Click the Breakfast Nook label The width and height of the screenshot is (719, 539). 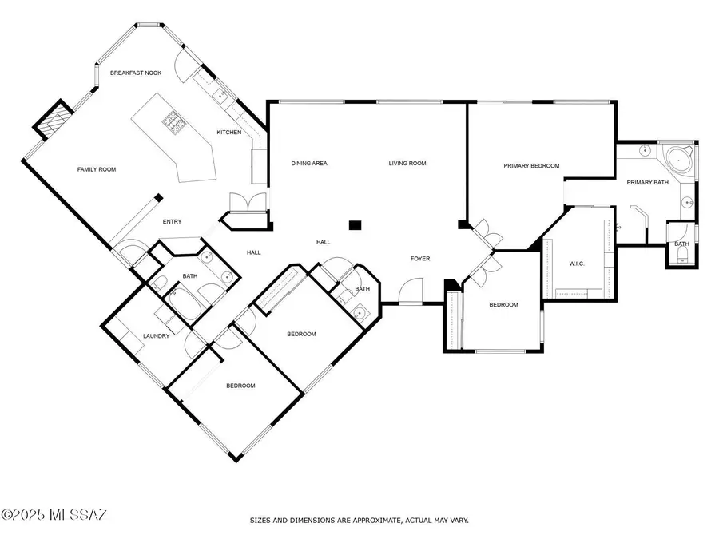click(x=136, y=73)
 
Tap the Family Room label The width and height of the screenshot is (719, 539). click(x=97, y=169)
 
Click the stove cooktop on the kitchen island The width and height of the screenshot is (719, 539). click(x=174, y=121)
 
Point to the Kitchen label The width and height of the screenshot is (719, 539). click(x=228, y=132)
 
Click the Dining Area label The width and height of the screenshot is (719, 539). click(x=309, y=164)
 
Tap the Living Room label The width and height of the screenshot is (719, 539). click(x=407, y=164)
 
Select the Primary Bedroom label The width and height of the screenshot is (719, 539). click(x=531, y=166)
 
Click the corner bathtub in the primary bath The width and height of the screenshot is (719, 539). click(x=678, y=158)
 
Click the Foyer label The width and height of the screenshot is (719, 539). click(x=420, y=259)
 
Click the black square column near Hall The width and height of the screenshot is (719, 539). click(x=356, y=225)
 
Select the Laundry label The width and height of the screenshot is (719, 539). click(x=156, y=336)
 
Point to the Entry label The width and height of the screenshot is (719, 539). click(x=173, y=222)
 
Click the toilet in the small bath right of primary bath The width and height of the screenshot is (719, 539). click(x=681, y=256)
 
